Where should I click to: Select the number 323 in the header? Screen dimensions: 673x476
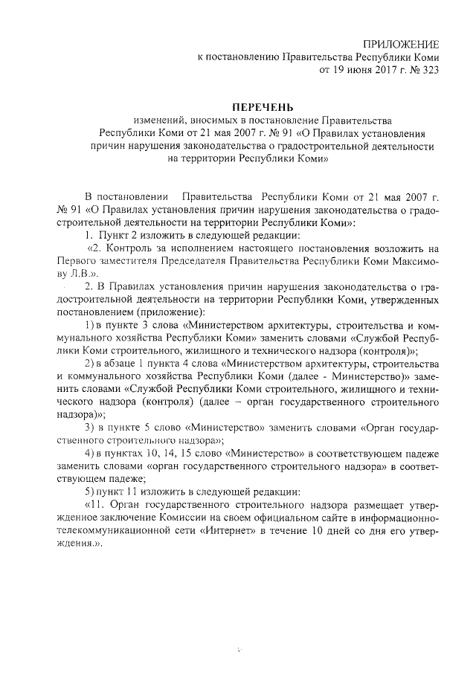coord(428,71)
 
